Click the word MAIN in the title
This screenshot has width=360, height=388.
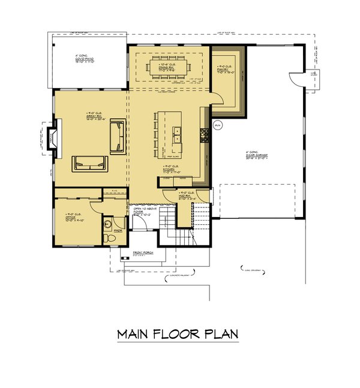point(136,333)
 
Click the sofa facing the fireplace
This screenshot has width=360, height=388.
point(89,164)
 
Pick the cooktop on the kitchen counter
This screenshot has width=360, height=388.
point(204,136)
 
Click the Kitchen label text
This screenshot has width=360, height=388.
point(169,170)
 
